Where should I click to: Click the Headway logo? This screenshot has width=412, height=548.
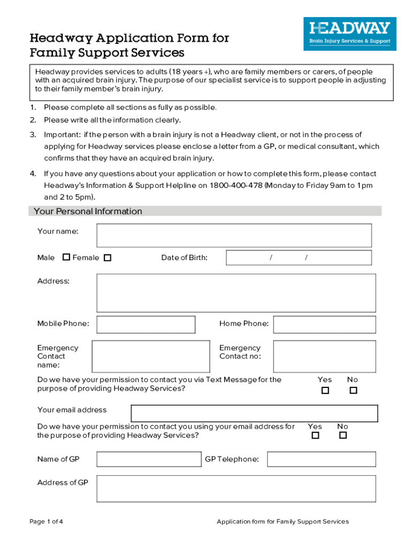(x=350, y=34)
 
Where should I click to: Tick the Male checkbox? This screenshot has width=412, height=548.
(x=66, y=257)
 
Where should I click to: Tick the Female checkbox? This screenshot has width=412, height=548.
(x=108, y=258)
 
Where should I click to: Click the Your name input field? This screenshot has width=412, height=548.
(x=234, y=235)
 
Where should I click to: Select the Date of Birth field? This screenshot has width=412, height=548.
(x=299, y=258)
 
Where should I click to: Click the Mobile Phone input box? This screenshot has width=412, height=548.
(x=146, y=324)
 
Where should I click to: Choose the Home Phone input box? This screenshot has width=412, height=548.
(x=324, y=324)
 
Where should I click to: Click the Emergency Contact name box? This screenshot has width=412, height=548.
(x=150, y=356)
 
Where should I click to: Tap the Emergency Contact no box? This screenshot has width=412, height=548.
(x=324, y=356)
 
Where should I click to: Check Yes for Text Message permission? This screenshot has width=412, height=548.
(x=325, y=390)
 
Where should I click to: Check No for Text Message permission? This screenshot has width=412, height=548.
(x=353, y=390)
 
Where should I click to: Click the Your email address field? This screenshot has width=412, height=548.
(x=254, y=414)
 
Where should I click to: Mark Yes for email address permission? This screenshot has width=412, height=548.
(x=315, y=436)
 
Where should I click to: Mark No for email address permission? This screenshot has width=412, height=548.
(x=343, y=436)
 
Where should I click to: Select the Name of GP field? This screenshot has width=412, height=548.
(x=149, y=459)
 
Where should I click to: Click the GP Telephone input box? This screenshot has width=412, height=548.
(x=321, y=459)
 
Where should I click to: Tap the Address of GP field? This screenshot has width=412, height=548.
(x=236, y=489)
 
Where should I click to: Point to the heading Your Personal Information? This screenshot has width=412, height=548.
(x=88, y=211)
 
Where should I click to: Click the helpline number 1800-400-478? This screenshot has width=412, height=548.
(x=235, y=185)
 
